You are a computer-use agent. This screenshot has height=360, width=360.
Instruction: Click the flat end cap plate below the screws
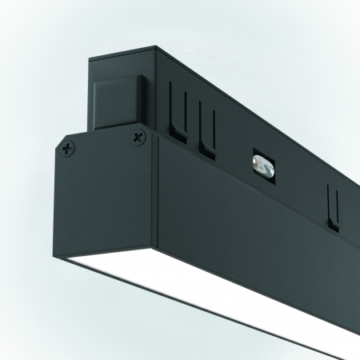point(104,208)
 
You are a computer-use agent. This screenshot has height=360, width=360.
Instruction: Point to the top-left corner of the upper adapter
point(90,58)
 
